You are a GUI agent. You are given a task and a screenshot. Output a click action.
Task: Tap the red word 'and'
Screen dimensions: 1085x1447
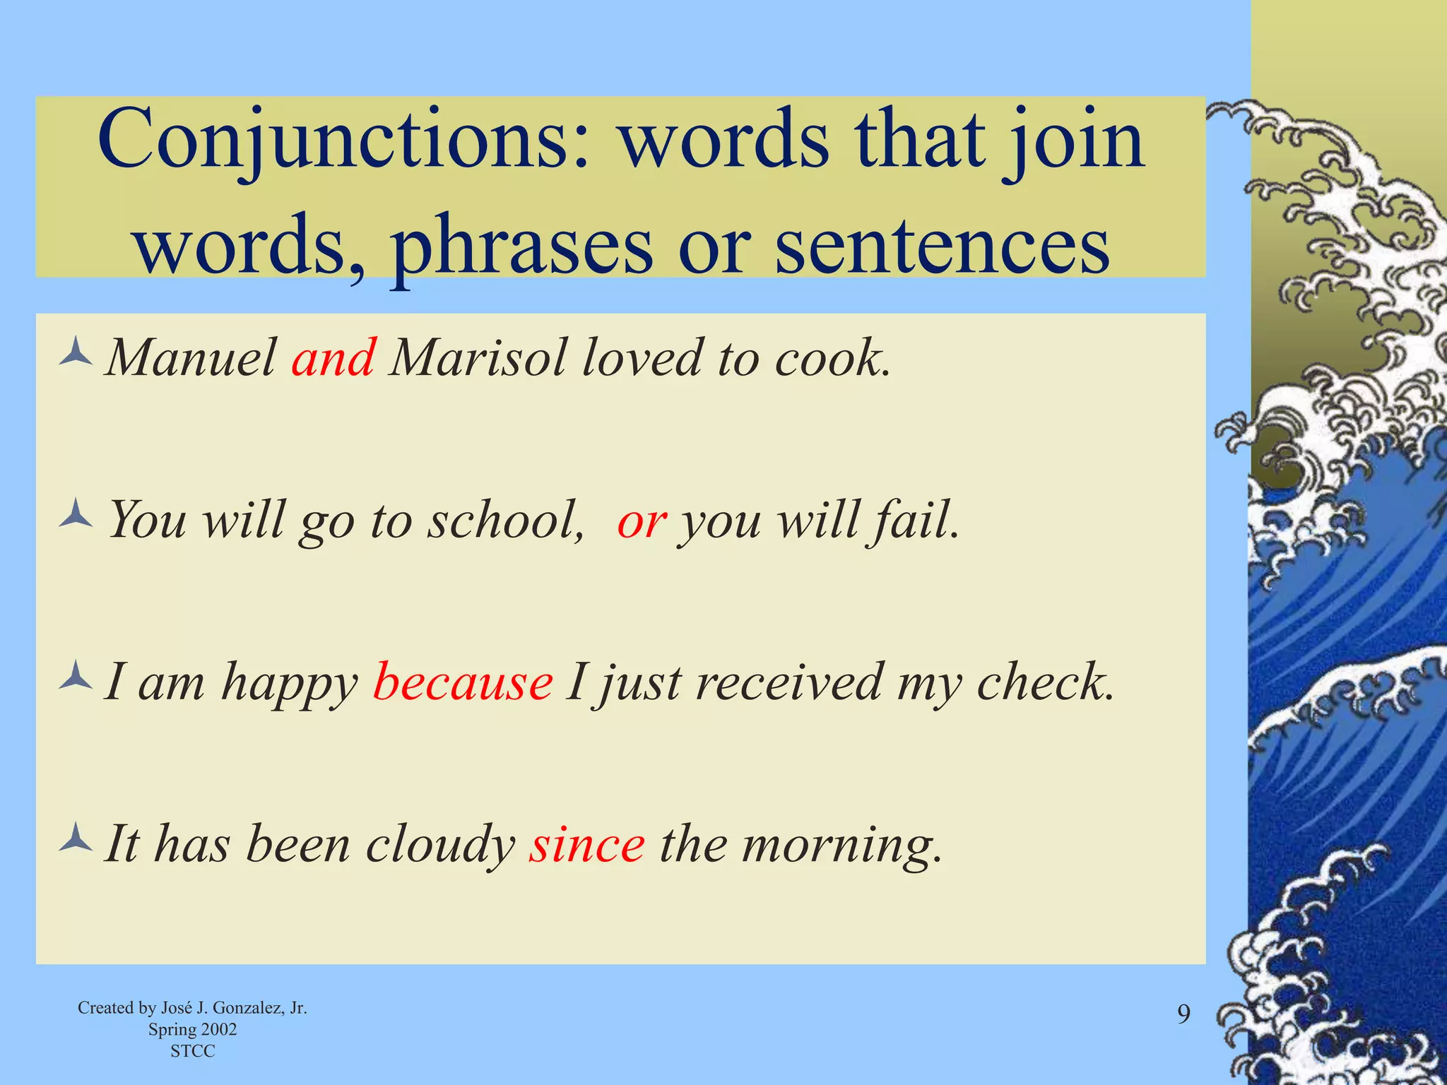tap(333, 358)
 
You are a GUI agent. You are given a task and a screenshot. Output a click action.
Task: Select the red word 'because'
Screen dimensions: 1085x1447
tap(463, 683)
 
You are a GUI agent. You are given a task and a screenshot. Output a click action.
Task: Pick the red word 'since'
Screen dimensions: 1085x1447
tap(587, 845)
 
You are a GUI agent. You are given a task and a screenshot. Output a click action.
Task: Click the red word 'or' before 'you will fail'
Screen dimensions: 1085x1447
tap(642, 521)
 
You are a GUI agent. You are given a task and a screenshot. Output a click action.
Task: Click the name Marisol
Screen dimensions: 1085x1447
tap(478, 358)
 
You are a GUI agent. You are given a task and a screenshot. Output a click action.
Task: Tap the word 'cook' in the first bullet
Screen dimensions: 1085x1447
tap(829, 358)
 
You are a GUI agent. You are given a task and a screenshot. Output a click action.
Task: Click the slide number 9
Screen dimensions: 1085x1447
tap(1183, 1014)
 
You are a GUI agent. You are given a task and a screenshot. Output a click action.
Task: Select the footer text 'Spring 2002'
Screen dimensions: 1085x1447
tap(192, 1029)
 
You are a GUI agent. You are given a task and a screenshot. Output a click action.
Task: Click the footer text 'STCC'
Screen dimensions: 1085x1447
tap(192, 1051)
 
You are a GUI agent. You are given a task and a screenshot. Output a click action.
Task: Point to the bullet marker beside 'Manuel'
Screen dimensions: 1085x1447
tap(76, 352)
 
